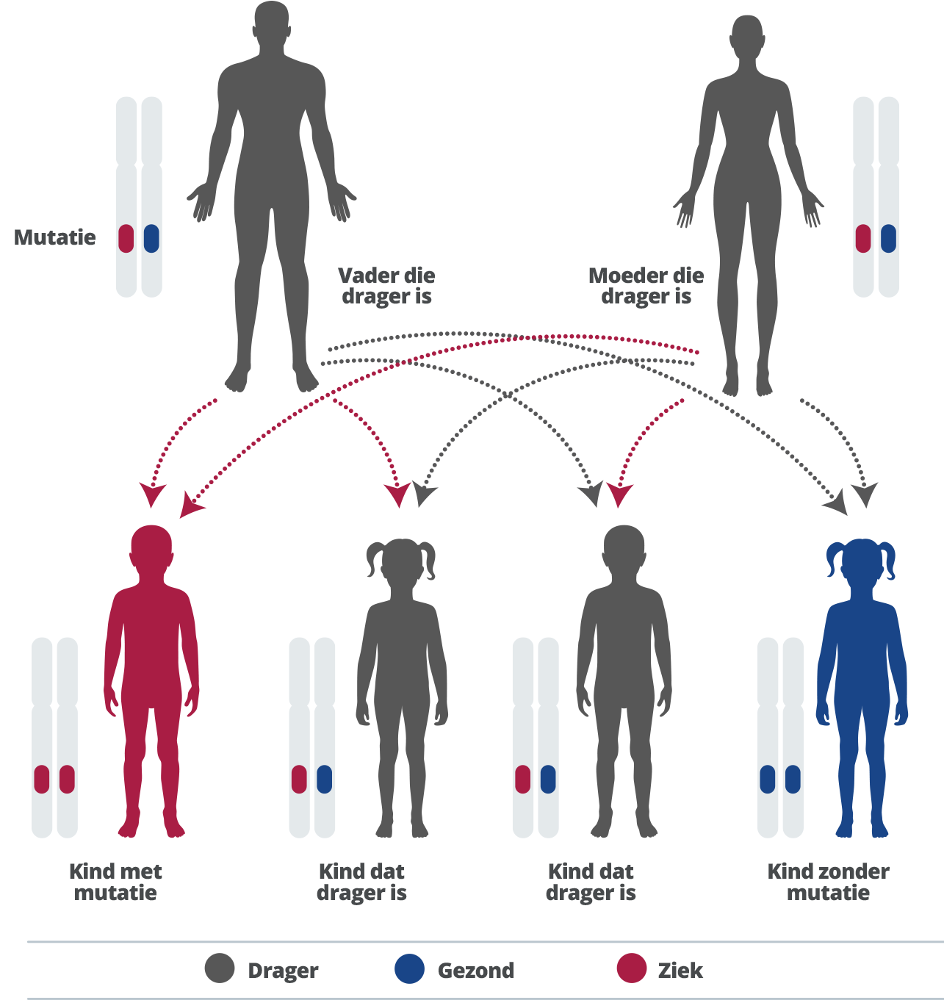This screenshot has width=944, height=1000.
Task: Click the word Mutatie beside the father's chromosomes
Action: pos(55,237)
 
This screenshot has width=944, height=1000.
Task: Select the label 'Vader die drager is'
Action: pos(386,286)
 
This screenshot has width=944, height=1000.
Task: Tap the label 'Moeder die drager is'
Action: pos(646,286)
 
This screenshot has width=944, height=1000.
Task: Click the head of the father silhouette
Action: pos(272,26)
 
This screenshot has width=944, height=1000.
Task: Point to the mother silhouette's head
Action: pos(746,37)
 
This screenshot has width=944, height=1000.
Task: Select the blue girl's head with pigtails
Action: pos(861,562)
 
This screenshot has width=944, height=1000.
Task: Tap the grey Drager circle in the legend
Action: pos(220,968)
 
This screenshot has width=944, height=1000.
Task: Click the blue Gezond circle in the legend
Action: pos(409,968)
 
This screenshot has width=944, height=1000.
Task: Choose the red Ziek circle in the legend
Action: pos(632,968)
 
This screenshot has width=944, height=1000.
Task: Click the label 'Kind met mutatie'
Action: pos(115,882)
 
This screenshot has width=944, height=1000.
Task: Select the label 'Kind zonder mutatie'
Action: pos(828,882)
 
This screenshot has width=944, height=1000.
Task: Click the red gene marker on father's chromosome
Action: pos(126,239)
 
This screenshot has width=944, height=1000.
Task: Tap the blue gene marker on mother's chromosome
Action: pos(888,239)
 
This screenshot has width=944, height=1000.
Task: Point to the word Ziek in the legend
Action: pos(680,971)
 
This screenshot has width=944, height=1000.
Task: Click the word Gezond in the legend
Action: pos(476,971)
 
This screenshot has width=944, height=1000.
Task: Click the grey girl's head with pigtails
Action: pos(400,562)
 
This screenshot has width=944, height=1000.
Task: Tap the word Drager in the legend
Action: pos(283,971)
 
